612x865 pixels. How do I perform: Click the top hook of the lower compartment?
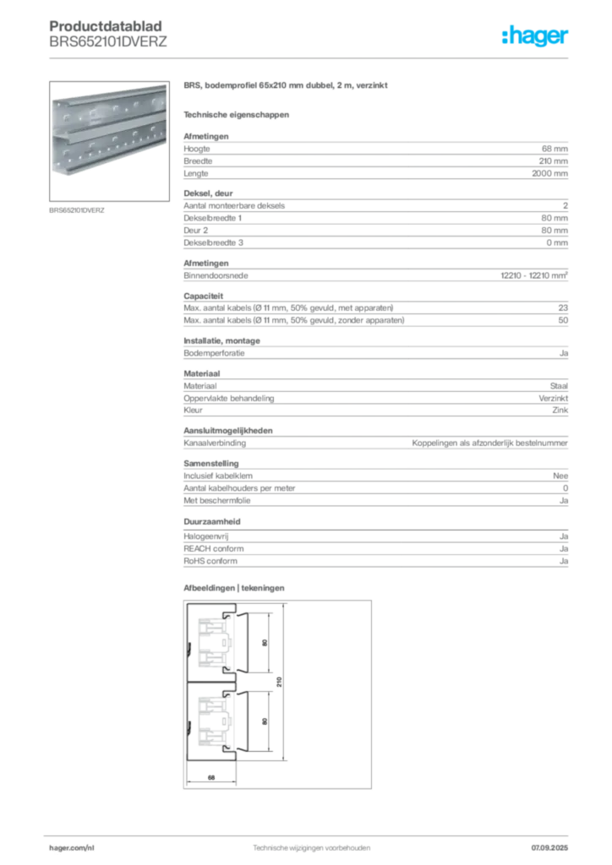click(x=226, y=694)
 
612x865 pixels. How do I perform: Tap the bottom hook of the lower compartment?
click(x=226, y=748)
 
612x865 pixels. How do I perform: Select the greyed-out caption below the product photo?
click(x=77, y=209)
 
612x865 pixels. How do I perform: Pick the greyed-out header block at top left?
click(x=107, y=34)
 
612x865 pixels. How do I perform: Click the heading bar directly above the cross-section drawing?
click(x=237, y=586)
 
